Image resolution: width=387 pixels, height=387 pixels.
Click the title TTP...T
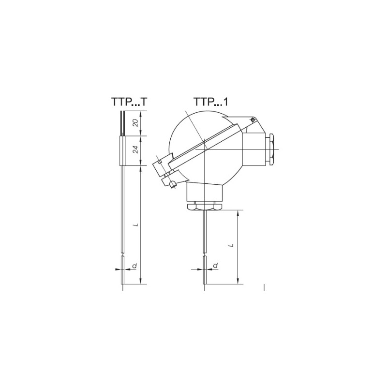pyautogui.click(x=129, y=102)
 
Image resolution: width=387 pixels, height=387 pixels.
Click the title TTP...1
pyautogui.click(x=211, y=102)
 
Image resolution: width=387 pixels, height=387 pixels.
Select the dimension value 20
pyautogui.click(x=135, y=123)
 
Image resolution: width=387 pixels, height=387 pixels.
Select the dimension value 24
pyautogui.click(x=135, y=150)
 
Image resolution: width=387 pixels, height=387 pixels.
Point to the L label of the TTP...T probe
pyautogui.click(x=135, y=225)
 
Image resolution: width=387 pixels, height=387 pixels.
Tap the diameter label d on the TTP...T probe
pyautogui.click(x=135, y=266)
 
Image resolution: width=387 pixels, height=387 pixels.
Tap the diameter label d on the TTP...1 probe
pyautogui.click(x=215, y=266)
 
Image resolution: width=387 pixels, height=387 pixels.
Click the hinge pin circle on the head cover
pyautogui.click(x=253, y=120)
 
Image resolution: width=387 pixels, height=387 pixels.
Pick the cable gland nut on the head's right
pyautogui.click(x=271, y=149)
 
